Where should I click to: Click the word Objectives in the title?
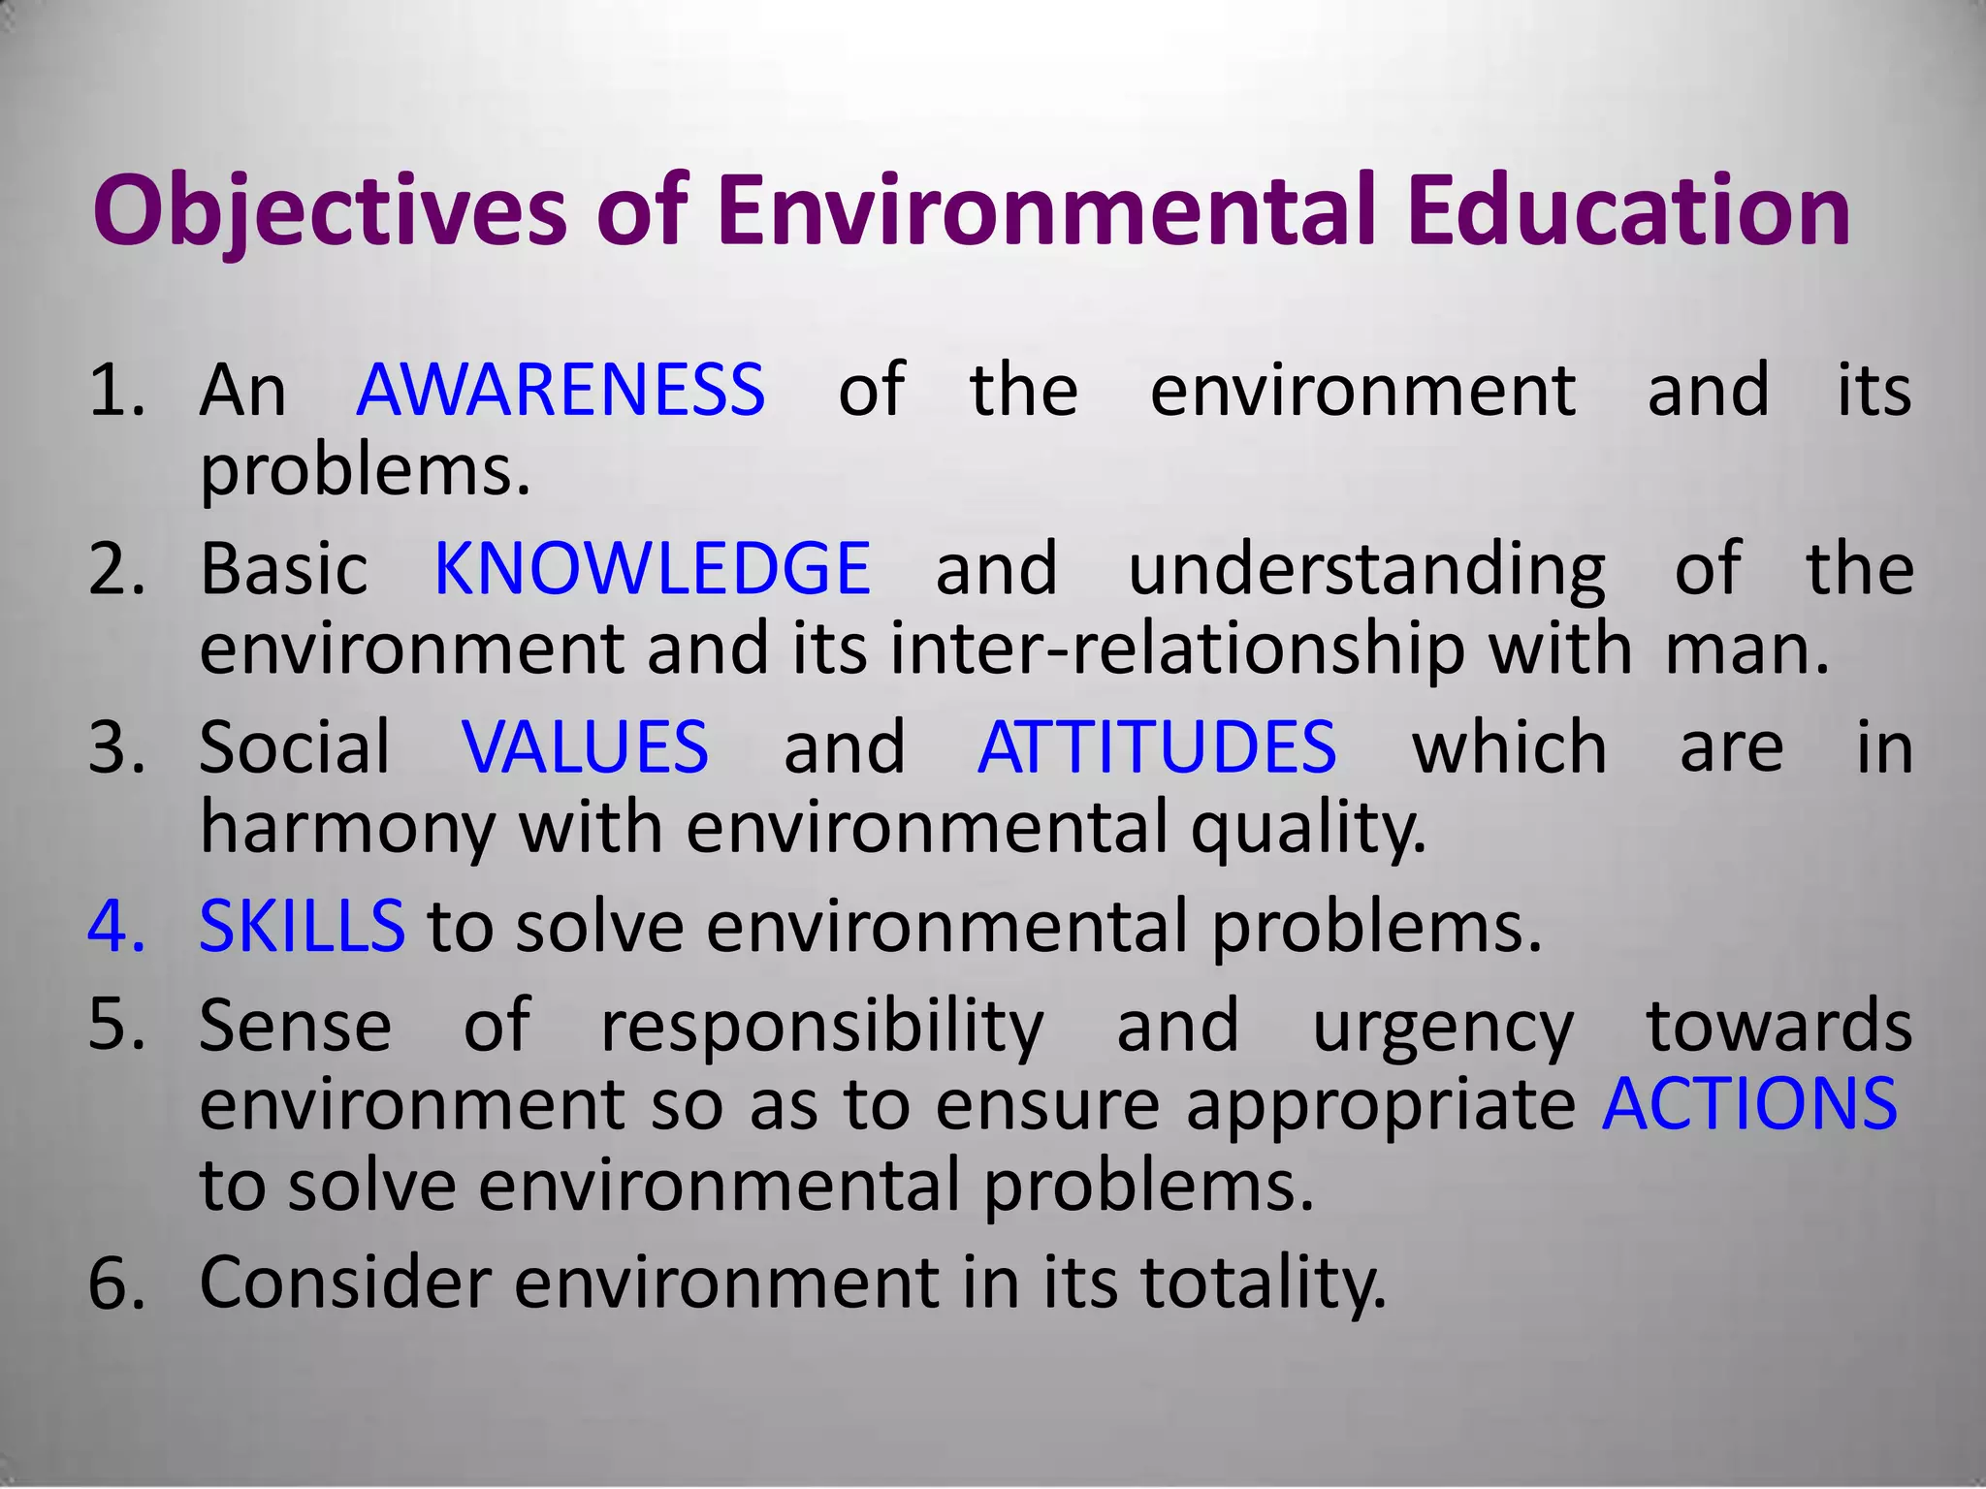330,211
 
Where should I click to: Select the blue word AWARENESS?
561,390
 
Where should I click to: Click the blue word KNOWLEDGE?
652,568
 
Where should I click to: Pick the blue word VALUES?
586,747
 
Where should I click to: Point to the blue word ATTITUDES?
1157,747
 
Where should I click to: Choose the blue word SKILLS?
302,926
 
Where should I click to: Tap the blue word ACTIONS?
1749,1104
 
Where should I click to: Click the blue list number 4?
114,926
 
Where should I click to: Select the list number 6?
114,1283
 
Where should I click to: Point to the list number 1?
114,390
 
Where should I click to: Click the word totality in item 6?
1263,1283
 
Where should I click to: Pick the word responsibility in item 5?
822,1026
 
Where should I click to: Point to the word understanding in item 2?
1367,570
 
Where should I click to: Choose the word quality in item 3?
1308,829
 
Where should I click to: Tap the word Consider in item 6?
345,1283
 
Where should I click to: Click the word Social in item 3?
294,747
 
